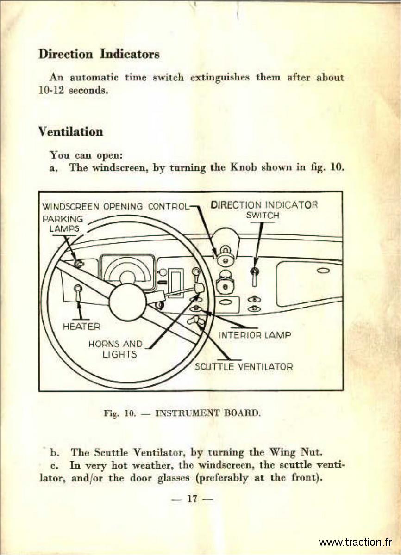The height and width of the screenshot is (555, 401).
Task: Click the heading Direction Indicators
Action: point(99,54)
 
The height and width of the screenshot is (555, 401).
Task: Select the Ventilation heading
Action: point(70,131)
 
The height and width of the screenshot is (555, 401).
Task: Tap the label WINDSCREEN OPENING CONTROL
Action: point(116,206)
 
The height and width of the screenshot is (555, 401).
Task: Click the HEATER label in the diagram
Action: point(81,327)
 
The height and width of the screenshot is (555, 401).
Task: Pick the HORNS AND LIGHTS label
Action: point(116,349)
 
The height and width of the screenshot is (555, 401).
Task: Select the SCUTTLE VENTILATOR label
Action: point(244,366)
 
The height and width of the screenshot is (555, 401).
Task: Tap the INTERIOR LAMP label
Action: point(254,335)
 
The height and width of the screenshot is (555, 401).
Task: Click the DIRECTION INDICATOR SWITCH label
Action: point(264,210)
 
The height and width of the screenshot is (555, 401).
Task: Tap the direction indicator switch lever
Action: point(254,277)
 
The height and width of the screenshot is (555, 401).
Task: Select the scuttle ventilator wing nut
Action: point(196,321)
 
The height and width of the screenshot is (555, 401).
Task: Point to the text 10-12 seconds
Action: point(73,90)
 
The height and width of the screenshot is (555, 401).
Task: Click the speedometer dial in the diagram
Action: point(127,272)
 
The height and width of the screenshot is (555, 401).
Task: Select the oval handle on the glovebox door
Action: point(323,271)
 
